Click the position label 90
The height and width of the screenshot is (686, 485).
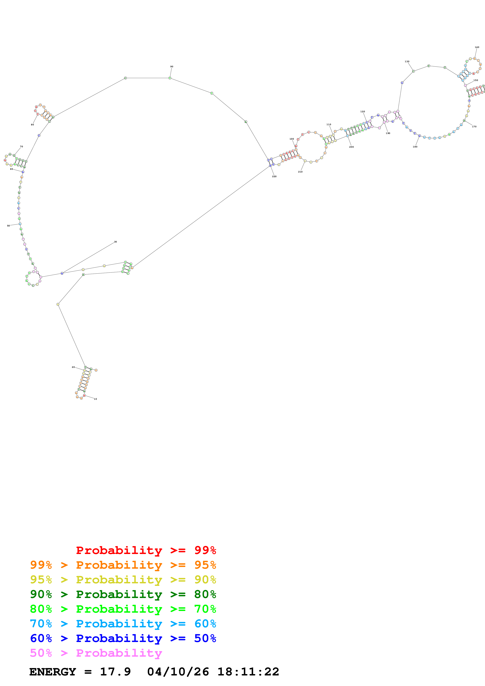(172, 67)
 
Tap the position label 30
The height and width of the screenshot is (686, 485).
(115, 242)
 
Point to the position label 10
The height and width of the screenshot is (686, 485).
(95, 399)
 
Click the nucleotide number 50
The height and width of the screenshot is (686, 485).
(8, 226)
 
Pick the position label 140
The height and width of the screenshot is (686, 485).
(477, 47)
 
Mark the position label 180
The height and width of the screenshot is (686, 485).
(415, 147)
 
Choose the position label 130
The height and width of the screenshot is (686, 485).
(407, 62)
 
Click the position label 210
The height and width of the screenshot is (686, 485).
(300, 172)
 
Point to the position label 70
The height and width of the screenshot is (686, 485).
(21, 146)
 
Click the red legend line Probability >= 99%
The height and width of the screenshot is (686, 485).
(146, 550)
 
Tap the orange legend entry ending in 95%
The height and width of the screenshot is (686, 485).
(123, 565)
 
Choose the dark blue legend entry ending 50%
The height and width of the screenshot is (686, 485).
(123, 638)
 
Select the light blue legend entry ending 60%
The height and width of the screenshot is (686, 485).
(123, 624)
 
